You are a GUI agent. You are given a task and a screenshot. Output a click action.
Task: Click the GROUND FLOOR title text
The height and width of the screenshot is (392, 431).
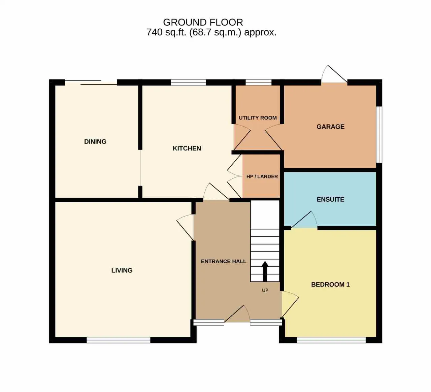pyautogui.click(x=203, y=22)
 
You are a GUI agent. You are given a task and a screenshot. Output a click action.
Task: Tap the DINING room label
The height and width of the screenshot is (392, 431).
pyautogui.click(x=95, y=142)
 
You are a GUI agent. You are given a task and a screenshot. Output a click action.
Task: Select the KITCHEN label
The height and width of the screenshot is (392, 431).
pyautogui.click(x=187, y=148)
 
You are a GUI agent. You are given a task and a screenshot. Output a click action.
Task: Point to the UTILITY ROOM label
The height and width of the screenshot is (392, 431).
pyautogui.click(x=258, y=118)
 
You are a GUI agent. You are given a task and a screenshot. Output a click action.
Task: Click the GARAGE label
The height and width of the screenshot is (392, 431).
pyautogui.click(x=330, y=127)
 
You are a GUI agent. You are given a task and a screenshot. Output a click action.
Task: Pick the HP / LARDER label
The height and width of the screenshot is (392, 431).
pyautogui.click(x=262, y=176)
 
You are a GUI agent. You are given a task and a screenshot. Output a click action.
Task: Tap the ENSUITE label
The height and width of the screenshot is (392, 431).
pyautogui.click(x=330, y=199)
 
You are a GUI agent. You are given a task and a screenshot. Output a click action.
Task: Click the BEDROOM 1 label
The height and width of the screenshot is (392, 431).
pyautogui.click(x=330, y=285)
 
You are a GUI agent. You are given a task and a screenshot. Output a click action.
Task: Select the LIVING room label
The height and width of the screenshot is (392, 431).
pyautogui.click(x=122, y=270)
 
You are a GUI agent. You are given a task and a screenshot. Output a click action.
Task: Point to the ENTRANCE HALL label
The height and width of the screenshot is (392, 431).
pyautogui.click(x=224, y=261)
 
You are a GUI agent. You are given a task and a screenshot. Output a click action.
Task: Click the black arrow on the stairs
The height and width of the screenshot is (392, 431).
pyautogui.click(x=265, y=271)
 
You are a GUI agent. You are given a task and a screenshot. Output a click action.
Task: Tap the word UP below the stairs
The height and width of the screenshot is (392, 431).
pyautogui.click(x=265, y=290)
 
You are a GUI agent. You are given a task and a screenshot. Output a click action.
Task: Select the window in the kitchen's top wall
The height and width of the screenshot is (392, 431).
pyautogui.click(x=188, y=83)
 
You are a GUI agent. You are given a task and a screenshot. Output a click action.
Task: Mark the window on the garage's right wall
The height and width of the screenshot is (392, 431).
pyautogui.click(x=379, y=134)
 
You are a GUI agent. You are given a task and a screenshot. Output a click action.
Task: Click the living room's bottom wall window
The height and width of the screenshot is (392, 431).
pyautogui.click(x=119, y=340)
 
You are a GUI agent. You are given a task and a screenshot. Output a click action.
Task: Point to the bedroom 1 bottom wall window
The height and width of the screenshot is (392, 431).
pyautogui.click(x=331, y=340)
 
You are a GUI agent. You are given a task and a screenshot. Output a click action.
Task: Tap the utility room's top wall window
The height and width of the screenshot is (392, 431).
pyautogui.click(x=259, y=83)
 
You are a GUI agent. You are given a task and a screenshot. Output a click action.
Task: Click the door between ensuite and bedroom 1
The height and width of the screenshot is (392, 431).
pyautogui.click(x=304, y=220)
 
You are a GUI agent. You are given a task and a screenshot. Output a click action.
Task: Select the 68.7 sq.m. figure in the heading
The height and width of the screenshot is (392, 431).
pyautogui.click(x=215, y=32)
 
